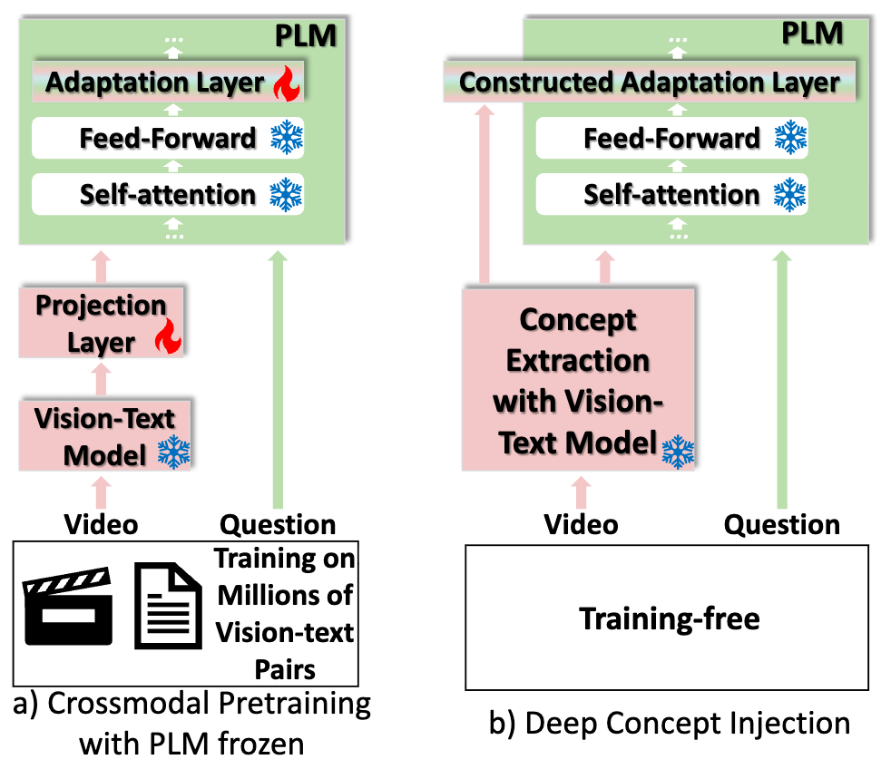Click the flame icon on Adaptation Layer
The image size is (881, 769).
[x=286, y=84]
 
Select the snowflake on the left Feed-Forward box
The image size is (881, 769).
[x=287, y=138]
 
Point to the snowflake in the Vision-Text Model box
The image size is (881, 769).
[x=172, y=452]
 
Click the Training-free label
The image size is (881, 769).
[x=669, y=620]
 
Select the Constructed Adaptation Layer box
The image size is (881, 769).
[x=649, y=83]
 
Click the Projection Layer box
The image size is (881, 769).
[x=102, y=324]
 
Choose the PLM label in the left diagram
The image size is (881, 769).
[x=306, y=38]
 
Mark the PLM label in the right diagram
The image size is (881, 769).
[x=812, y=35]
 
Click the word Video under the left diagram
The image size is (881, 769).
[x=101, y=525]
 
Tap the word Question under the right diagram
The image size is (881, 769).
[x=782, y=524]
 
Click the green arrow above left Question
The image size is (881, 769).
[x=278, y=381]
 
